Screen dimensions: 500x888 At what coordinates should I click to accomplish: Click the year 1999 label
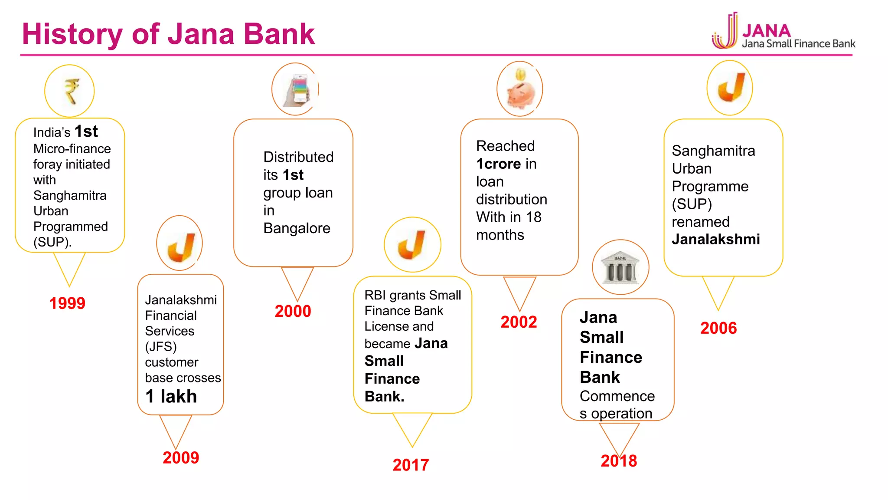(x=67, y=303)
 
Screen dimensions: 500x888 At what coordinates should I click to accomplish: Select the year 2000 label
(x=293, y=311)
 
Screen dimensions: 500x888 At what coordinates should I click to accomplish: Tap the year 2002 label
(x=519, y=322)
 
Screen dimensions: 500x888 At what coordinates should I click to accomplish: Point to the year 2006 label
(x=718, y=328)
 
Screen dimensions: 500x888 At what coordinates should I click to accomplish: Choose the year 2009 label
(x=181, y=457)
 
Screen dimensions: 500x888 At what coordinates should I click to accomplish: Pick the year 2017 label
(x=411, y=465)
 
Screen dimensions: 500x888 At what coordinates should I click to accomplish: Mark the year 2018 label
(x=619, y=461)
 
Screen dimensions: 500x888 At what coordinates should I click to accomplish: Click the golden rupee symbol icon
(x=71, y=91)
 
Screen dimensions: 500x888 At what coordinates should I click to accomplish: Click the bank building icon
(x=620, y=267)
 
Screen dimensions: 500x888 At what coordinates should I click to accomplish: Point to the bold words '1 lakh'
(x=171, y=396)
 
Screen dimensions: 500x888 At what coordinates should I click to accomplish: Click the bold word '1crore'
(x=499, y=164)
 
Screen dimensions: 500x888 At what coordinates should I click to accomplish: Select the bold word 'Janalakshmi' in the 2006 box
(x=716, y=240)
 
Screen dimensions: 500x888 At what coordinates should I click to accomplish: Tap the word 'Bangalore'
(x=297, y=228)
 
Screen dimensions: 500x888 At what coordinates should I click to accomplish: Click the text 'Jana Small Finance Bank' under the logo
(x=798, y=44)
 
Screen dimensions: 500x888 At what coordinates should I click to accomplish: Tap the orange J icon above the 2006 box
(x=731, y=88)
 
